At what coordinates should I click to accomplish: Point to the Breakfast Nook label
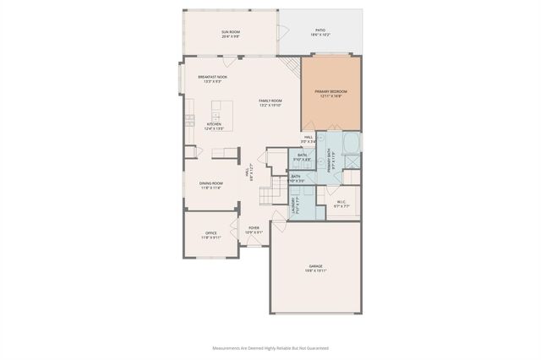(x=212, y=77)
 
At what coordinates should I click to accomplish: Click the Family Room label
(x=270, y=101)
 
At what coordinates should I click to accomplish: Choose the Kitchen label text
(x=214, y=124)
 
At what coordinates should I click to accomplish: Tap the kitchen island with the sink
(x=222, y=110)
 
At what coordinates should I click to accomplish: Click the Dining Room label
(x=211, y=183)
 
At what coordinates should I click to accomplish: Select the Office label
(x=211, y=233)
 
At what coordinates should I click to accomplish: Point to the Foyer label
(x=254, y=228)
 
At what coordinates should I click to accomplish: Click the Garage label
(x=315, y=266)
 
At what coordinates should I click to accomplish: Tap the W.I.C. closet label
(x=342, y=202)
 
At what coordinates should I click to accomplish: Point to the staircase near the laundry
(x=269, y=191)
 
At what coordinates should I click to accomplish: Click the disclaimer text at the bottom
(x=270, y=347)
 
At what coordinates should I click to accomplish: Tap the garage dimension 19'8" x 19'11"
(x=315, y=270)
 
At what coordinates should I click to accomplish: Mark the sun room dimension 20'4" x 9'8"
(x=231, y=36)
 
